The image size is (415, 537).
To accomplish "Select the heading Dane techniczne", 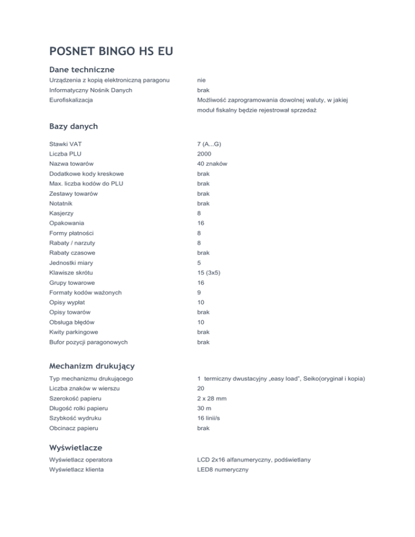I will pos(82,70).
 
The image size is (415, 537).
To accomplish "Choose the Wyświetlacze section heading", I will pos(75,447).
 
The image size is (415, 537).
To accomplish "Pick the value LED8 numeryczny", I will pos(223,470).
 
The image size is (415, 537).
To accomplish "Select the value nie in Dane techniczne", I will pos(201,80).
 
